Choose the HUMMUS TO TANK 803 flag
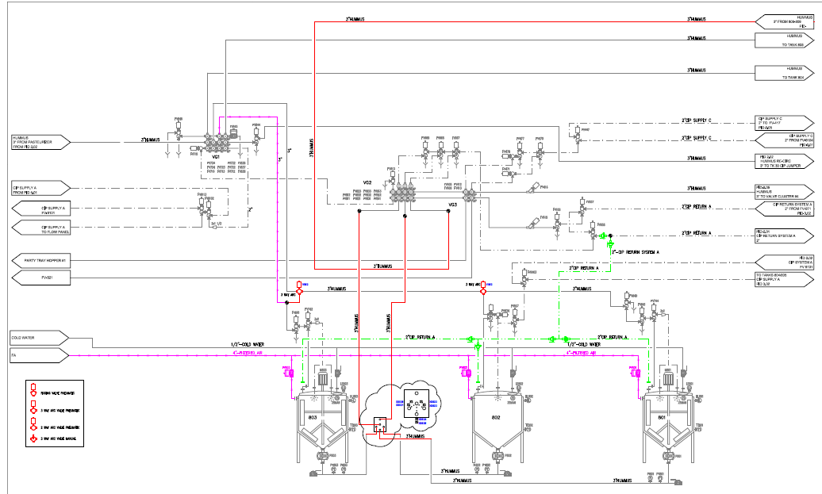[785, 41]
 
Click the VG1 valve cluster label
[215, 157]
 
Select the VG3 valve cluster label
[452, 205]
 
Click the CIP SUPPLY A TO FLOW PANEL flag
[39, 228]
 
